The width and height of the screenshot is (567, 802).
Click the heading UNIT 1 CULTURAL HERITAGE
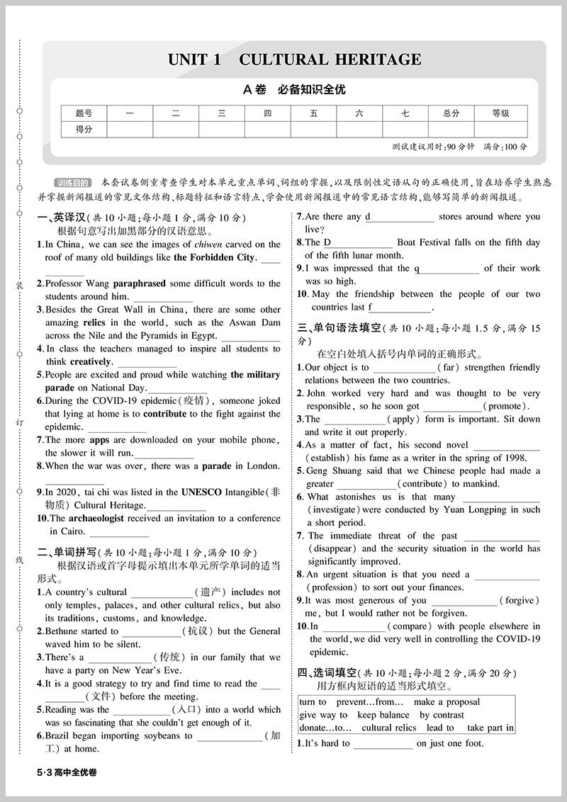(x=294, y=59)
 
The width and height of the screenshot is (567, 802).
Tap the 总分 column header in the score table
(x=451, y=113)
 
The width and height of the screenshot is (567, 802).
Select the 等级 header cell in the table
(x=500, y=113)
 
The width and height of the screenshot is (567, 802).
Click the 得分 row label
(x=84, y=129)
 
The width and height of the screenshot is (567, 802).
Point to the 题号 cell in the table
(x=84, y=113)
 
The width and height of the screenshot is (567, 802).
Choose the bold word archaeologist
(x=96, y=518)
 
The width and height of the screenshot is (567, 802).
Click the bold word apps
(x=99, y=439)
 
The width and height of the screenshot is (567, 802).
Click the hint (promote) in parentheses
(x=506, y=407)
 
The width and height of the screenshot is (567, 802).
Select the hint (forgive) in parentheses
(x=520, y=600)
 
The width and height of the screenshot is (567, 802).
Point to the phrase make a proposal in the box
(x=447, y=702)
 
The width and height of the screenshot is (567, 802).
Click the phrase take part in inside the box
(x=490, y=728)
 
